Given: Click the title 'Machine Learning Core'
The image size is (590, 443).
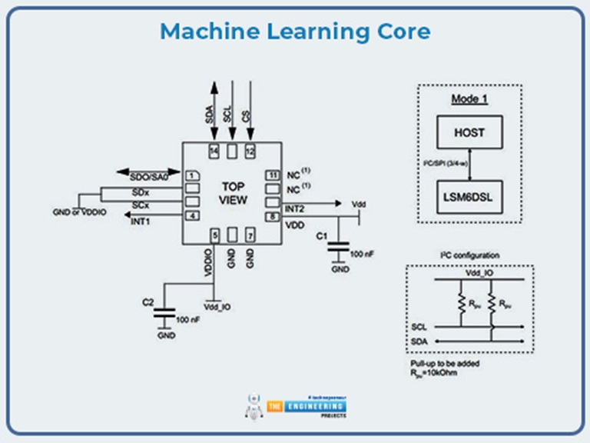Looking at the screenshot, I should pos(295,32).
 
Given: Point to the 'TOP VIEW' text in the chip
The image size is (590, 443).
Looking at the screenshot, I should pos(232,193).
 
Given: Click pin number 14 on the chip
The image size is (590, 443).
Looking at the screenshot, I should pos(214,151).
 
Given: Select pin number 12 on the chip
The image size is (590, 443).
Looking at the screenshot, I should pos(249,151).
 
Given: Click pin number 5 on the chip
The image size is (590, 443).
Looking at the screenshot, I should pos(214,234).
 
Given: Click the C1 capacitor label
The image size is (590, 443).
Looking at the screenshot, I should pos(323,235).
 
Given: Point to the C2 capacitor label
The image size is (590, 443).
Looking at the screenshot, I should pos(147,303).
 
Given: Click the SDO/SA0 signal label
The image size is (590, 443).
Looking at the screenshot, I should pos(148,177).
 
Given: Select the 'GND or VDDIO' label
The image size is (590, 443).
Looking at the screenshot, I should pos(79,212).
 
